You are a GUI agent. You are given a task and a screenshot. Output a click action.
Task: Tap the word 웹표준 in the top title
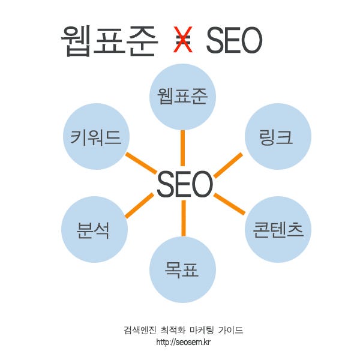click(109, 41)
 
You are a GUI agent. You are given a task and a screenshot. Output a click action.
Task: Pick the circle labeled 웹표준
click(182, 97)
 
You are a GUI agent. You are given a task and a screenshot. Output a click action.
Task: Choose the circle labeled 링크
click(278, 137)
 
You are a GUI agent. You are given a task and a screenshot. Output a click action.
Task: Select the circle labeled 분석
click(94, 229)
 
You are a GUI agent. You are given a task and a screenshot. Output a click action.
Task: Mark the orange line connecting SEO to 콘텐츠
click(230, 204)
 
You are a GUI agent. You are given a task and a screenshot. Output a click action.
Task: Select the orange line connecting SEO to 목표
click(183, 218)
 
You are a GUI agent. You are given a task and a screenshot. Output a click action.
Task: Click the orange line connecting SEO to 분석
click(139, 205)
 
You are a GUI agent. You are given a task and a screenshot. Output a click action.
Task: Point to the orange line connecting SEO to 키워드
click(140, 163)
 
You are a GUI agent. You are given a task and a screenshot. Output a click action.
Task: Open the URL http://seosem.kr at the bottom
click(183, 342)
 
